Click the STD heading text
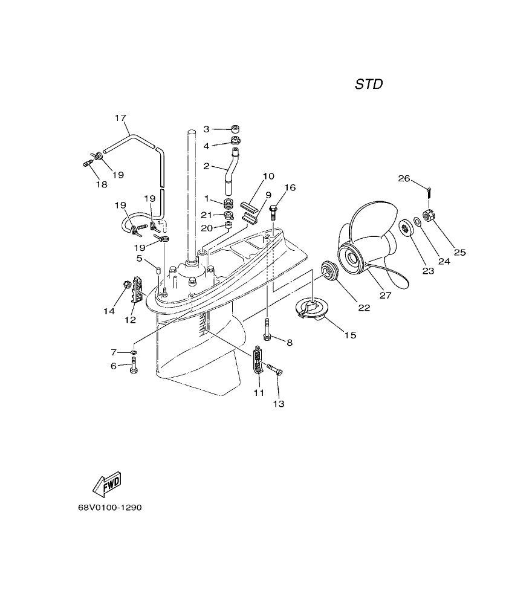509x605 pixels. click(x=368, y=85)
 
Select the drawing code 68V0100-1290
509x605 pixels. click(x=109, y=508)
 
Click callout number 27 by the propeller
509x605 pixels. click(x=385, y=296)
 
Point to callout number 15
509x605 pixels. click(x=350, y=334)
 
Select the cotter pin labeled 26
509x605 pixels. click(x=427, y=192)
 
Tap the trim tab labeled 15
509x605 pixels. click(x=312, y=308)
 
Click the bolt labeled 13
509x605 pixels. click(x=275, y=370)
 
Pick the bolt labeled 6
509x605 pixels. click(x=134, y=365)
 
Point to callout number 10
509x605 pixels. click(x=268, y=176)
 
